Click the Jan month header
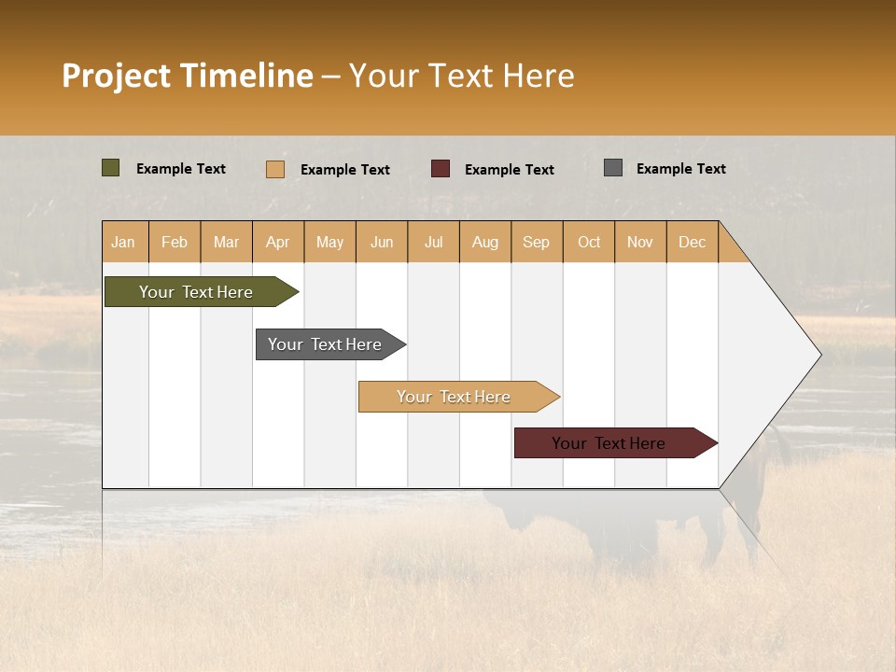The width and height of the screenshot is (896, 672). [124, 242]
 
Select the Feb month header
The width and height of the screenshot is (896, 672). [175, 242]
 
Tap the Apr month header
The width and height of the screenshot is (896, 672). [278, 242]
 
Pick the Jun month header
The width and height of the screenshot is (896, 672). [382, 242]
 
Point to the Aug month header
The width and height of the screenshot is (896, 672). [485, 242]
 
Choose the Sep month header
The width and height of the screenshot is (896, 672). [537, 242]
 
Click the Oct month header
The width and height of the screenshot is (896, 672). [589, 242]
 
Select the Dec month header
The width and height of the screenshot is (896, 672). [693, 242]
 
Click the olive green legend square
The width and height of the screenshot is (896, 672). [111, 168]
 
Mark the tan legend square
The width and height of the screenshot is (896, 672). [275, 169]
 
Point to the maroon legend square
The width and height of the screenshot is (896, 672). [441, 168]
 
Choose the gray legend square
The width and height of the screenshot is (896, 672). [613, 168]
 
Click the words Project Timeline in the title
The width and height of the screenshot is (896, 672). [188, 76]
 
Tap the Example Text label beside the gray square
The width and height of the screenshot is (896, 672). [681, 169]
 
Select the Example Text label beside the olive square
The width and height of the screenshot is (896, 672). [181, 169]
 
